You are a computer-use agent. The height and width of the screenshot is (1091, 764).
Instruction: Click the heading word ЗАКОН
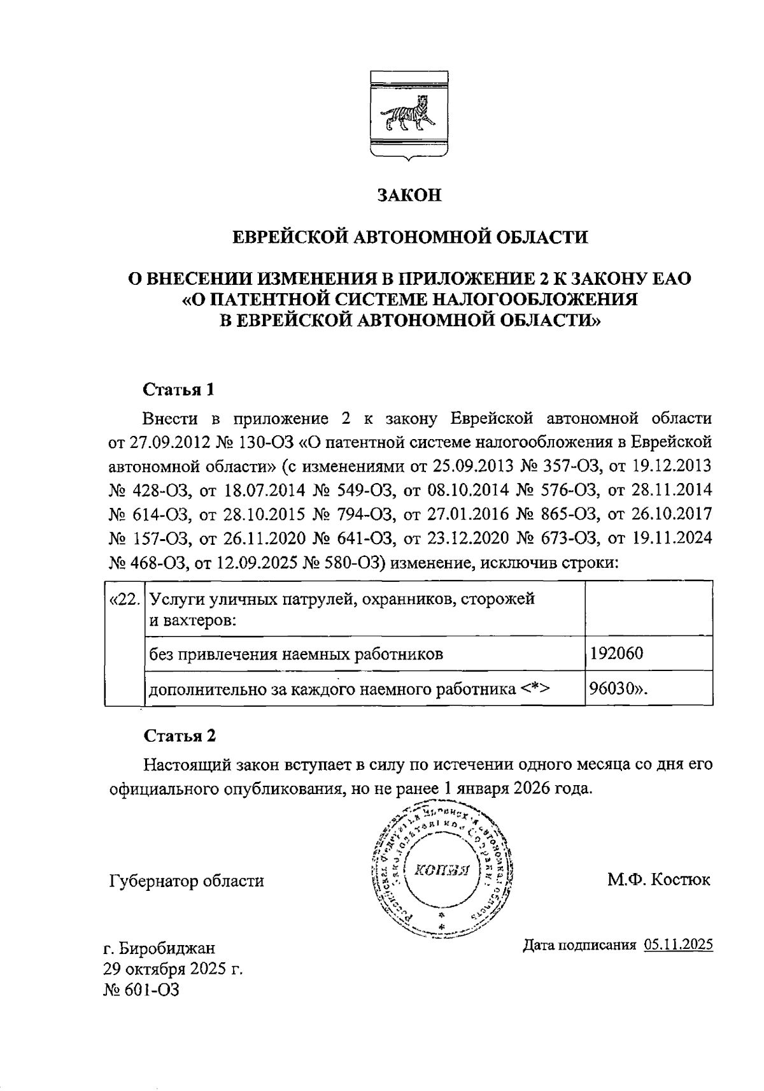(409, 195)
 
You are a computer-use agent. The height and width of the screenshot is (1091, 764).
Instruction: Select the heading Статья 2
(179, 735)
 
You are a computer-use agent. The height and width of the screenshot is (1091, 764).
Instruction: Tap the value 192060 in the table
(616, 654)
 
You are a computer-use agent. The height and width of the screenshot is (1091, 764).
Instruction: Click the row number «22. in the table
(125, 600)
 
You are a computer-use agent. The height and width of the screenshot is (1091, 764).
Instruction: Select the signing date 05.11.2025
(678, 945)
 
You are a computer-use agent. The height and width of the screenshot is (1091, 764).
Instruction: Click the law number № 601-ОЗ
(141, 990)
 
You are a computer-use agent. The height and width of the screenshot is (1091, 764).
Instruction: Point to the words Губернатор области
(186, 881)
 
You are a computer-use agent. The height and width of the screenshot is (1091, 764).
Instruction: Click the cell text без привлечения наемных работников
(295, 654)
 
